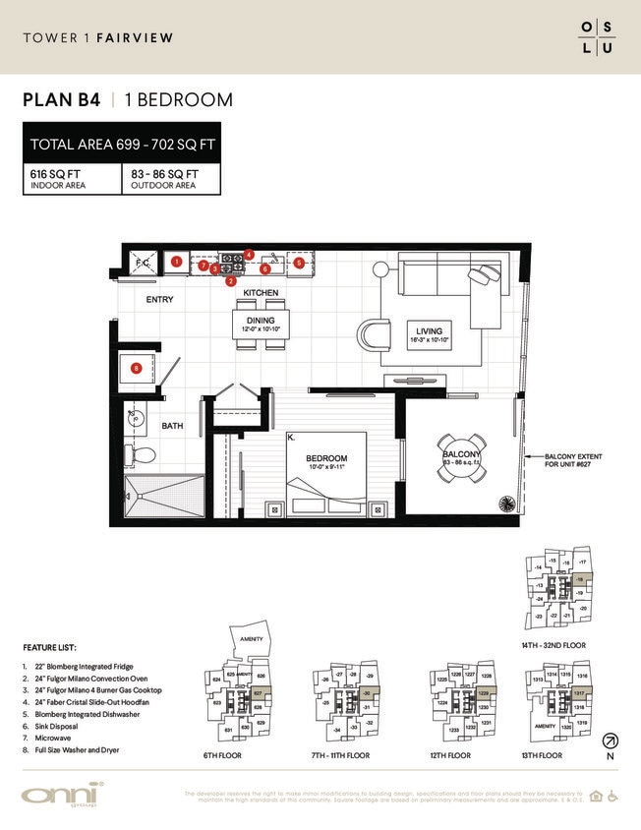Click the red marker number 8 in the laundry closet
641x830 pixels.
pyautogui.click(x=137, y=368)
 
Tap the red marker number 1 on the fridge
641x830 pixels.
pyautogui.click(x=175, y=262)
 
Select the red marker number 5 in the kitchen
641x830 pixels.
pyautogui.click(x=299, y=263)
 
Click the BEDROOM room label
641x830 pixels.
pyautogui.click(x=325, y=459)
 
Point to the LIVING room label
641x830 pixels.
pyautogui.click(x=429, y=331)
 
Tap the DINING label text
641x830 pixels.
pyautogui.click(x=261, y=321)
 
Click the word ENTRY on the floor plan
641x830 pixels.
pyautogui.click(x=160, y=300)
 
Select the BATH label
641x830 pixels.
pyautogui.click(x=172, y=426)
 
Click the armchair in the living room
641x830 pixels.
pyautogui.click(x=373, y=335)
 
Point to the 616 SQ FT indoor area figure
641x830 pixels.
pyautogui.click(x=57, y=174)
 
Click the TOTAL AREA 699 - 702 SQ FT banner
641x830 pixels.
pyautogui.click(x=122, y=145)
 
